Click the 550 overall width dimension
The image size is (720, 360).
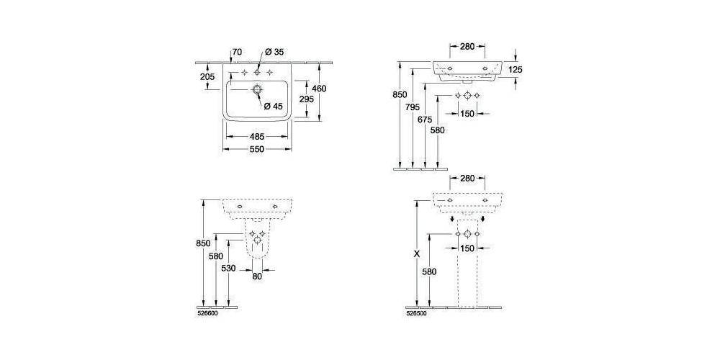[x=256, y=149]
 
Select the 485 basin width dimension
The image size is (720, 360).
[x=256, y=135]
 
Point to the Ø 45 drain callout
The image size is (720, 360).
[x=274, y=106]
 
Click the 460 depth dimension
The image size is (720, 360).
[x=319, y=89]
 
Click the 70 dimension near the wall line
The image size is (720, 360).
[x=237, y=52]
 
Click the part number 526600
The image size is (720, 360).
[x=208, y=313]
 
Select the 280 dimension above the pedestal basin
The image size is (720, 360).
[x=467, y=178]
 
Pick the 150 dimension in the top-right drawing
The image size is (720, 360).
[x=467, y=113]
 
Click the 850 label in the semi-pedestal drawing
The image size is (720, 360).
[x=203, y=243]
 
